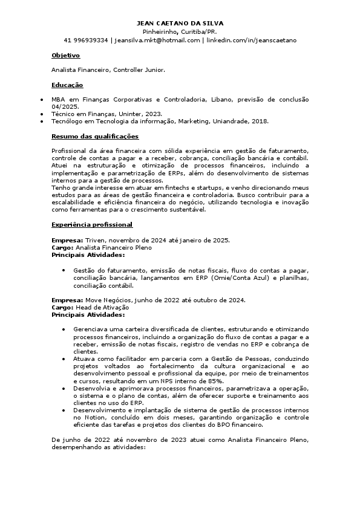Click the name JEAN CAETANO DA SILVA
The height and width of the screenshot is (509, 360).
pyautogui.click(x=180, y=23)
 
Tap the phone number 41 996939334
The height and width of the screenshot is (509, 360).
pyautogui.click(x=86, y=41)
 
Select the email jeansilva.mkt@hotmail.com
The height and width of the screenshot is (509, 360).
pyautogui.click(x=157, y=41)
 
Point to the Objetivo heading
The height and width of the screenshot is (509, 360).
pyautogui.click(x=66, y=56)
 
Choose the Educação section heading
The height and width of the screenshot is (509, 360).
pyautogui.click(x=67, y=85)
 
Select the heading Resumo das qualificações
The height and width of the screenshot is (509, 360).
pyautogui.click(x=95, y=136)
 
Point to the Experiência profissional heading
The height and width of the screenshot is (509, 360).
pyautogui.click(x=92, y=225)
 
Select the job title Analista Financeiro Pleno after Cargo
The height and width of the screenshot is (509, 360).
pyautogui.click(x=114, y=247)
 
